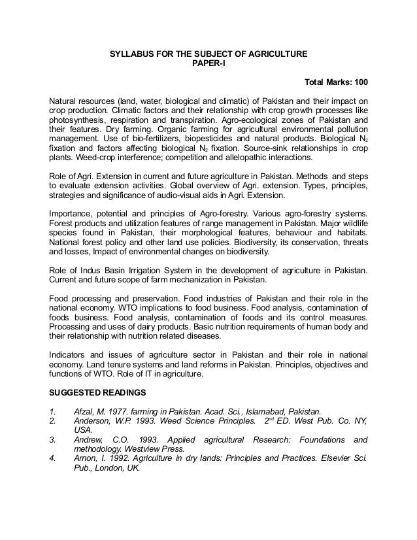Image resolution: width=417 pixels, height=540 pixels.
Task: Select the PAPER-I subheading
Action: tap(208, 63)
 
